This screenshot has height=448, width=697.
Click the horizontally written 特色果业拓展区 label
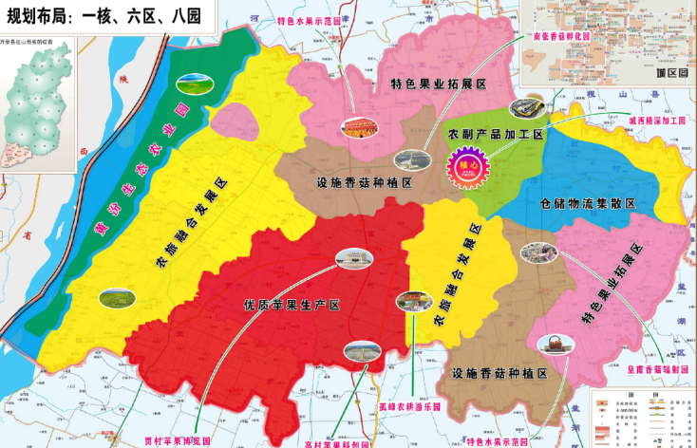coord(439,84)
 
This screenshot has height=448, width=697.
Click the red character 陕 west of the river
coord(119,81)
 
